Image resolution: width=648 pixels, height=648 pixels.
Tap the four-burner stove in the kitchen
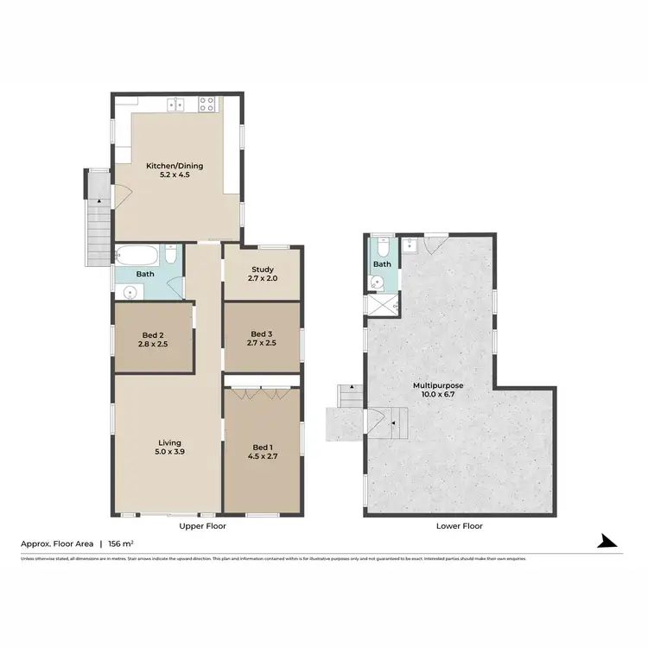click(x=207, y=105)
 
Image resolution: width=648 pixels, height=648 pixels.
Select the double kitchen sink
click(x=176, y=105)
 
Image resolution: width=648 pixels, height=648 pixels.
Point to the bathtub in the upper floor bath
click(x=137, y=256)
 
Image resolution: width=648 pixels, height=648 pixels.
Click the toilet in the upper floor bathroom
click(x=171, y=257)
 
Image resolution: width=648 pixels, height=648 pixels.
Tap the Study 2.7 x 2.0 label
click(x=261, y=274)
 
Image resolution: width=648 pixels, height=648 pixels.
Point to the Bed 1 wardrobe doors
click(x=261, y=396)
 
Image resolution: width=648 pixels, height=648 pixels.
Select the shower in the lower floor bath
click(x=382, y=304)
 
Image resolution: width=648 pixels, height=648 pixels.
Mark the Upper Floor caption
click(x=202, y=525)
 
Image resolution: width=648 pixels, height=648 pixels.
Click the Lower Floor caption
click(x=459, y=525)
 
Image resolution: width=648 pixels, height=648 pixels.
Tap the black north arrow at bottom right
click(x=609, y=543)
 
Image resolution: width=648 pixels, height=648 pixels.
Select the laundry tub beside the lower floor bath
click(x=410, y=245)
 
